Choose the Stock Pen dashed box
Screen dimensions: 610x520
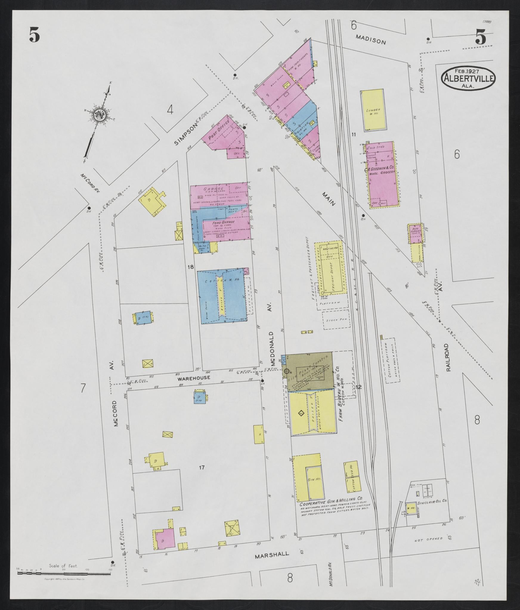(x=336, y=320)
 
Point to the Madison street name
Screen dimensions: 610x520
(x=371, y=39)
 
